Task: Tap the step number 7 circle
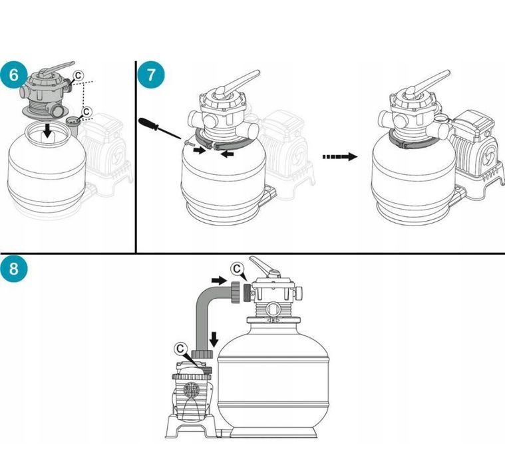(150, 73)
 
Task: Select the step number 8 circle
(14, 269)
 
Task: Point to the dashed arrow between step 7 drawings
(339, 157)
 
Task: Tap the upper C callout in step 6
(79, 76)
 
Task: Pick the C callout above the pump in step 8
(181, 348)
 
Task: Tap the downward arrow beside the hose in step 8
(214, 339)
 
